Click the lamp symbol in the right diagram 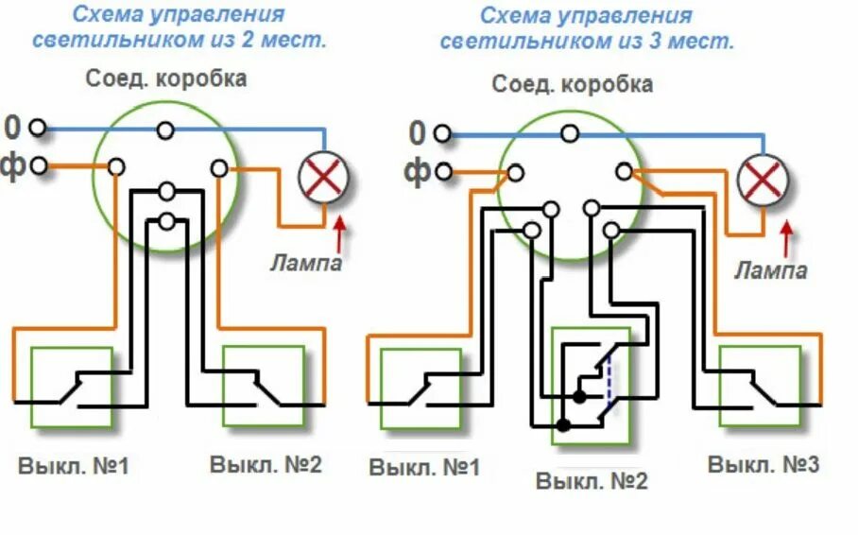(x=764, y=179)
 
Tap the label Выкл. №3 (x=764, y=464)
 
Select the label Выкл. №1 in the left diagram (x=72, y=466)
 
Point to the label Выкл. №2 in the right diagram (x=592, y=481)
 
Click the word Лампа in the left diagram (x=305, y=263)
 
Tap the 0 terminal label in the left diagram (x=12, y=127)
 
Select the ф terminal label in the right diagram (x=417, y=172)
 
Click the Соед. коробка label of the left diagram (x=166, y=78)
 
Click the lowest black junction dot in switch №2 (x=563, y=425)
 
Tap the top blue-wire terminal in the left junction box (x=166, y=129)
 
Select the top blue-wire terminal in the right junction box (x=570, y=133)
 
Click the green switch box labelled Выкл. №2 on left (x=264, y=388)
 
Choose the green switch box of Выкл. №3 (x=760, y=388)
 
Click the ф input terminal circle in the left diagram (x=38, y=167)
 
